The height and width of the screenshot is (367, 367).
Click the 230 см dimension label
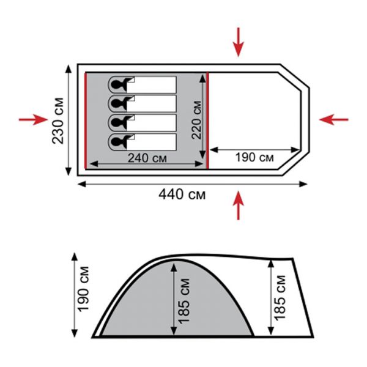pyautogui.click(x=57, y=120)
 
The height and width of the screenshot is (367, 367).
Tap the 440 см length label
pyautogui.click(x=182, y=195)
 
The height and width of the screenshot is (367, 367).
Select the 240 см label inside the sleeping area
pyautogui.click(x=147, y=158)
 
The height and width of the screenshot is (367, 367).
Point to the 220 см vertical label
pyautogui.click(x=196, y=120)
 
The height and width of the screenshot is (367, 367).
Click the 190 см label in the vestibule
pyautogui.click(x=254, y=157)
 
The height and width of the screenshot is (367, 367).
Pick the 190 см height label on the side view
pyautogui.click(x=84, y=289)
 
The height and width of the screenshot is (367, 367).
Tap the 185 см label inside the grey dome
pyautogui.click(x=183, y=301)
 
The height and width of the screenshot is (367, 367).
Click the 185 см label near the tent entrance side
pyautogui.click(x=280, y=297)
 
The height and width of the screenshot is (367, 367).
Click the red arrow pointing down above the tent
pyautogui.click(x=239, y=42)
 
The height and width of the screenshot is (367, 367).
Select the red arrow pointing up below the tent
pyautogui.click(x=239, y=206)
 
